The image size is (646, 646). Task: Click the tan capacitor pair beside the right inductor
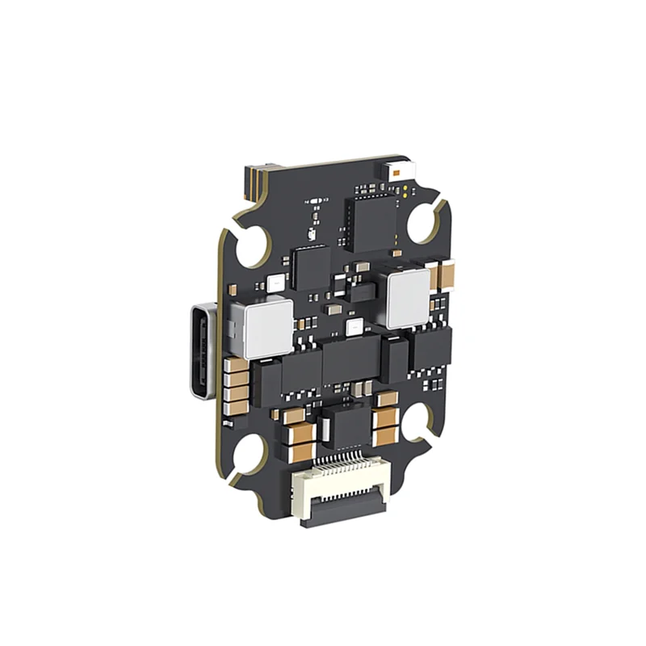pyautogui.click(x=446, y=274)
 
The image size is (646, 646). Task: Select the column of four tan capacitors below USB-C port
pyautogui.click(x=236, y=383)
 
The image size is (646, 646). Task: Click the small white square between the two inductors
pyautogui.click(x=353, y=327)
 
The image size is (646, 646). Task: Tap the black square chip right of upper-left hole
pyautogui.click(x=312, y=267)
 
